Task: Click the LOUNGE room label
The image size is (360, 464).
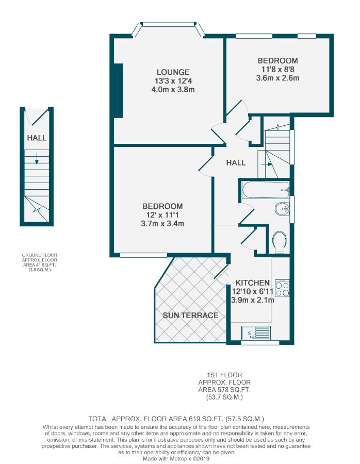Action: [x=173, y=72]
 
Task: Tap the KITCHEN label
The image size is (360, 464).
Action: [x=253, y=283]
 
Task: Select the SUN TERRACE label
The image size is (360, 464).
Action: [x=190, y=315]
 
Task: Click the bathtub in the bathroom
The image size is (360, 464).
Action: [x=266, y=190]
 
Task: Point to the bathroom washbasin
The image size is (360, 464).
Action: [x=282, y=209]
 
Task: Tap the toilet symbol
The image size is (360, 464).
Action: [x=279, y=242]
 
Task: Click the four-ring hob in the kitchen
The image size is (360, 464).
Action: [x=282, y=288]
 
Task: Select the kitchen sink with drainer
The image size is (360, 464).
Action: [x=256, y=333]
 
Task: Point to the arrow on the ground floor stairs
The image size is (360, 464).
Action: [x=37, y=158]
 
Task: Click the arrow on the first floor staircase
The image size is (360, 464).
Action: [x=269, y=164]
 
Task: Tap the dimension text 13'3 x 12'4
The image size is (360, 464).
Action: [x=173, y=81]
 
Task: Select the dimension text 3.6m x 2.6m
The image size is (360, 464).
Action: [x=277, y=78]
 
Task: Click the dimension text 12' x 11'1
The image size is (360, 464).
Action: [x=162, y=215]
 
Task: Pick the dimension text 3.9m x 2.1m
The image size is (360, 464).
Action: [x=253, y=300]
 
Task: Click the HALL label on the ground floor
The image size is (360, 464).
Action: [x=37, y=138]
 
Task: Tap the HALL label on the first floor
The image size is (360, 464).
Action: [x=236, y=162]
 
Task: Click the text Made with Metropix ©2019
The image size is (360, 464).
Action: [x=176, y=458]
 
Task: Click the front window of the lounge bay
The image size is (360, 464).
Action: [x=169, y=24]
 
